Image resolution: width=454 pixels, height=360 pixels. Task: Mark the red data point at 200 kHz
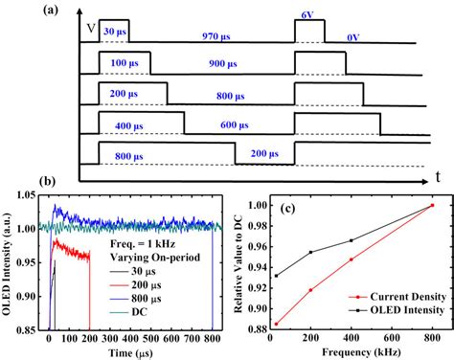tap(309, 290)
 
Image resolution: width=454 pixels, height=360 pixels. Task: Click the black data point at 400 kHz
tap(352, 240)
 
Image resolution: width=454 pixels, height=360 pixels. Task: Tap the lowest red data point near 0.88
tap(277, 324)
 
